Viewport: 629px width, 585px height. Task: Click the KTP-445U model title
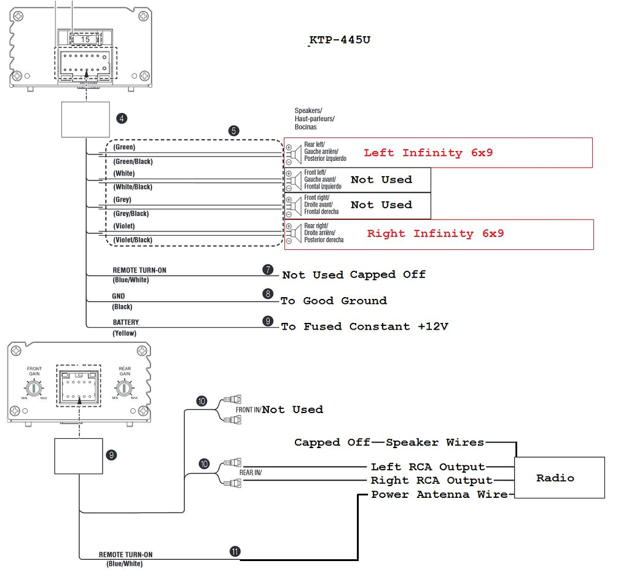[x=340, y=41]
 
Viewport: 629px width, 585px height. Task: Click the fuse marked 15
[x=85, y=39]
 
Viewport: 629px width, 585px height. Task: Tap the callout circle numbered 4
[x=122, y=118]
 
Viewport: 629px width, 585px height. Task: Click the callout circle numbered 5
[x=233, y=131]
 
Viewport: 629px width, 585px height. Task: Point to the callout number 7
[x=267, y=269]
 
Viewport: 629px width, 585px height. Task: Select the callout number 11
[x=235, y=551]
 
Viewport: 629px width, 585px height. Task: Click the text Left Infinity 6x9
[x=428, y=153]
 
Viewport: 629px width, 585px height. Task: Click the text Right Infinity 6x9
[x=435, y=234]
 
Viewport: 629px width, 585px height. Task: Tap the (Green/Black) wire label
[x=133, y=161]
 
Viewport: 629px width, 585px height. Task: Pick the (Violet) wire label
[x=124, y=226]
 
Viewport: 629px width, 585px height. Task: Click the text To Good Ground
[x=334, y=301]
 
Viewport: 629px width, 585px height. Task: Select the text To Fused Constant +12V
[x=364, y=327]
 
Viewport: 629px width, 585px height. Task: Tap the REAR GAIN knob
[x=125, y=388]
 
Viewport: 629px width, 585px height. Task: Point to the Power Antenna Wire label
[x=439, y=495]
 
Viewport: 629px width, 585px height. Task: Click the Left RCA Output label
[x=428, y=467]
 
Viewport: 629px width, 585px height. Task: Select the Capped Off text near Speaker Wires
[x=332, y=443]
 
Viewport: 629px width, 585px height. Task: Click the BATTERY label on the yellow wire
[x=125, y=322]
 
